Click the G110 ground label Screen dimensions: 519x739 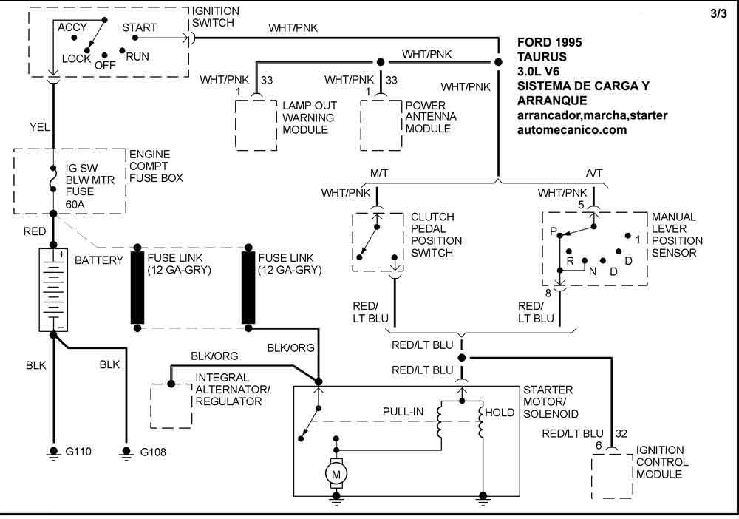(78, 452)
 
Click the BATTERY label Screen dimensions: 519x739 (99, 261)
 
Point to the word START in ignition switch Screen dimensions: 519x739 (139, 28)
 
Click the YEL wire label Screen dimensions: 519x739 (40, 127)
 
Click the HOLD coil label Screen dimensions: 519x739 (500, 413)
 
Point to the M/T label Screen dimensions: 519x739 (380, 173)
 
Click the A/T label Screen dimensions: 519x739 (593, 173)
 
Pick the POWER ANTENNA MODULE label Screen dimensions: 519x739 (430, 117)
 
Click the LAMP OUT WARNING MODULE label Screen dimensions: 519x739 (308, 117)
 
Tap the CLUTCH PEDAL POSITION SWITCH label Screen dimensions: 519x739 (437, 235)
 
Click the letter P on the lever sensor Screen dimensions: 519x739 (552, 232)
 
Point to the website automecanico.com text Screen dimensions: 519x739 (573, 129)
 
